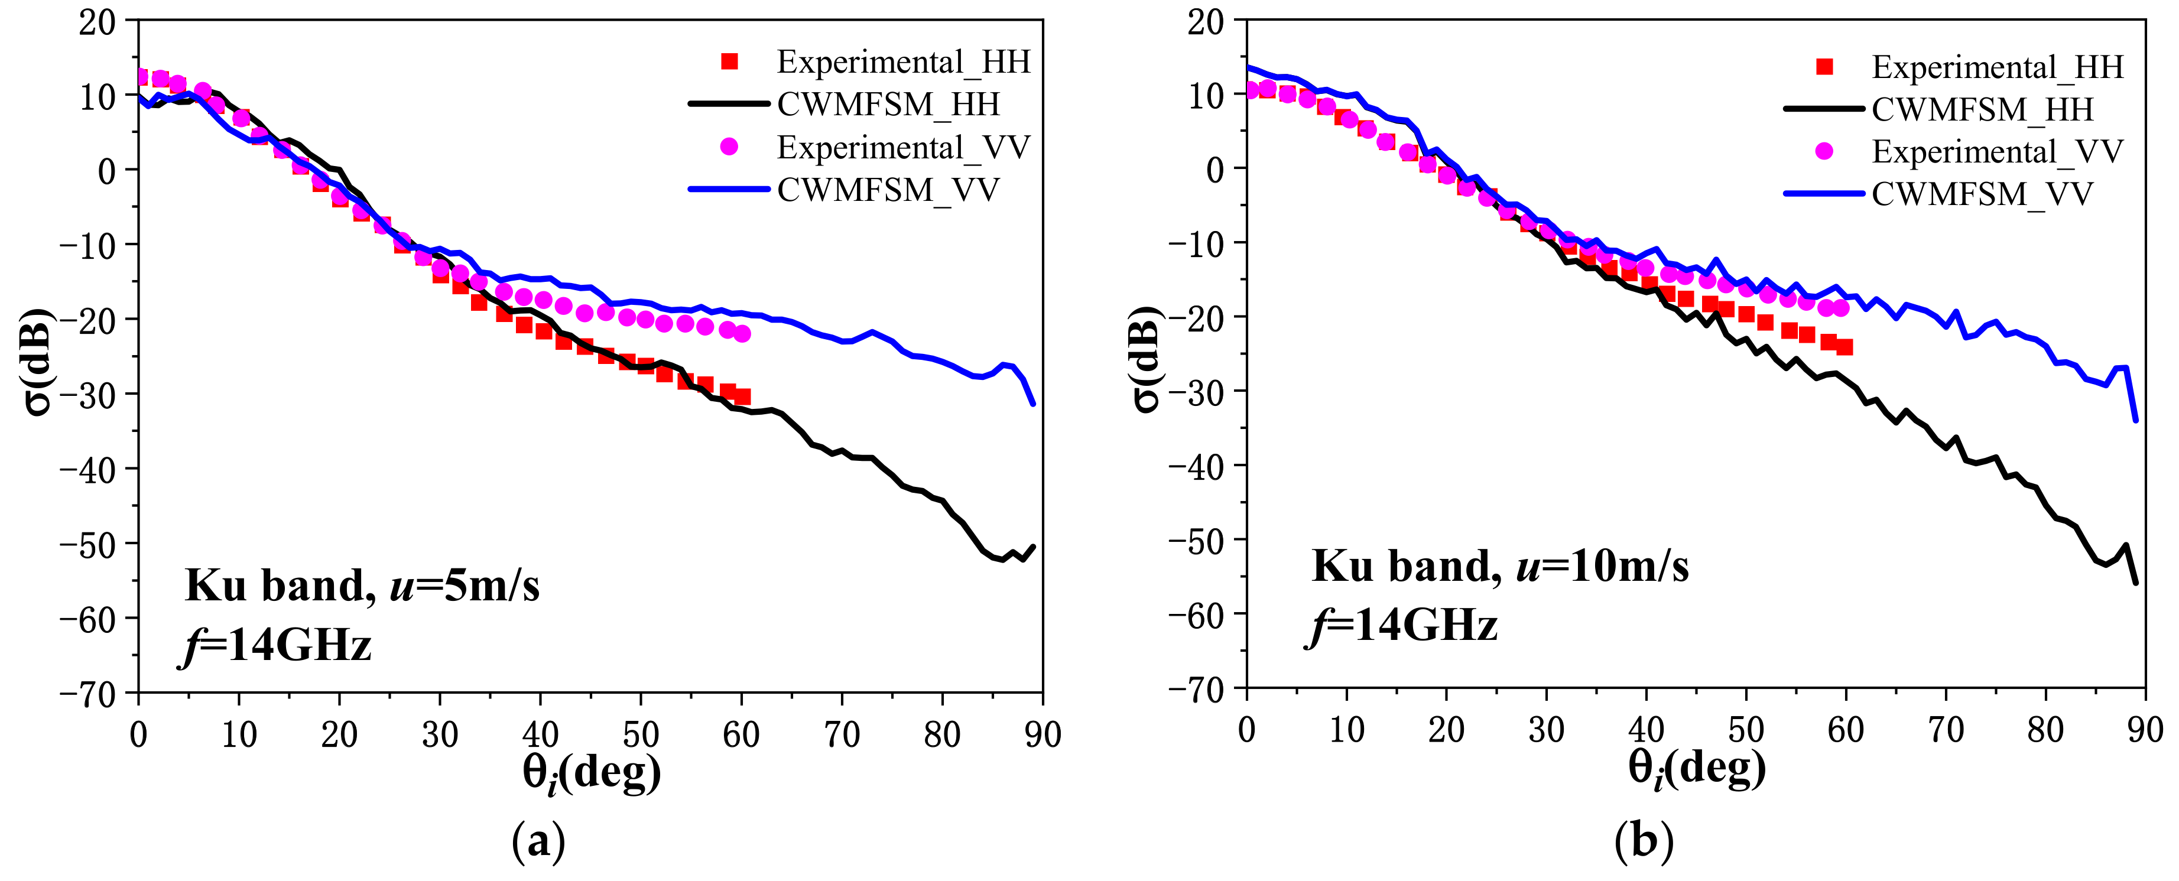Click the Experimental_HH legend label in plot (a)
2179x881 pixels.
tap(904, 61)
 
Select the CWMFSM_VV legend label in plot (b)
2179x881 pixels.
tap(1982, 194)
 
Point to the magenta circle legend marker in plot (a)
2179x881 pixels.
tap(729, 147)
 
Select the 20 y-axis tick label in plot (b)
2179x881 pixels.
tap(1204, 22)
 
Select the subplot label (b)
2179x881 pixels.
tap(1644, 841)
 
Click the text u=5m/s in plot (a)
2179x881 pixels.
tap(465, 585)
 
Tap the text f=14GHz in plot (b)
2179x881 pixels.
tap(1404, 626)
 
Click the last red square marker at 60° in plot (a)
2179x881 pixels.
tap(742, 396)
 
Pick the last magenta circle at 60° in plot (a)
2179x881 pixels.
tap(742, 334)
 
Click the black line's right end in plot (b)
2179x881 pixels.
tap(2136, 583)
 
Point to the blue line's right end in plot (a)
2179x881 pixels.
tap(1033, 404)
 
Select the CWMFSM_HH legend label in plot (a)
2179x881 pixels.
tap(888, 105)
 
